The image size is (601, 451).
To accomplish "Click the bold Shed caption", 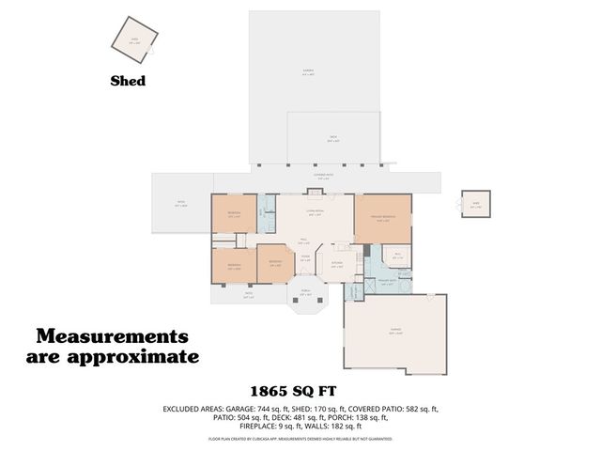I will point(128,82).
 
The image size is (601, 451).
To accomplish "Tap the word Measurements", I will point(112,336).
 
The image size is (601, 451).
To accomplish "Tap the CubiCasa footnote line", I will point(300,440).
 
